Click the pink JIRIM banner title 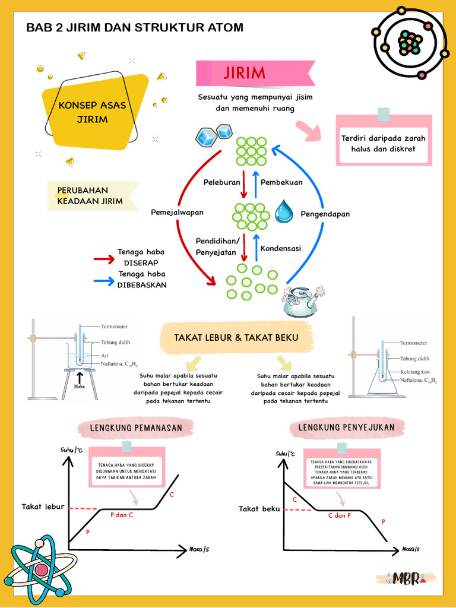pos(245,73)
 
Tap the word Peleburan pos(222,182)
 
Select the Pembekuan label pos(281,182)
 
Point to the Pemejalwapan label pos(177,212)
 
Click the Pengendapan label pos(325,214)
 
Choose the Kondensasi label pos(281,248)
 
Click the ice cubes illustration pos(213,136)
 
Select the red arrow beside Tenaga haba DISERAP pos(104,259)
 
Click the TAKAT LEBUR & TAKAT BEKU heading pos(236,337)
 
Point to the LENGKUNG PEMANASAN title pos(136,427)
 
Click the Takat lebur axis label pos(43,506)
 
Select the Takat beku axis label pos(259,509)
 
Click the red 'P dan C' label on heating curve pos(122,515)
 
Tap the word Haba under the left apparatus pos(80,387)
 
